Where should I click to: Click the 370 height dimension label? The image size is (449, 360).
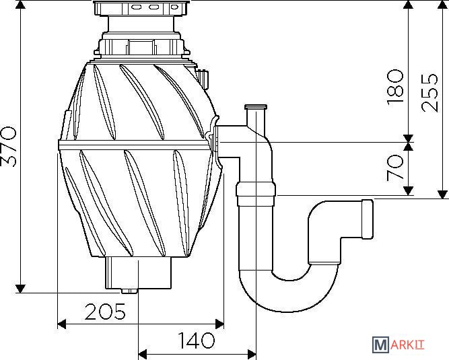tap(8, 147)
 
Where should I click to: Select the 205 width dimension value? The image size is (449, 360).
tap(105, 312)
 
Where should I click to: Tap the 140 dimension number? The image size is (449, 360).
tap(196, 340)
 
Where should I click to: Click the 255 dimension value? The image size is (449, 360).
tap(429, 93)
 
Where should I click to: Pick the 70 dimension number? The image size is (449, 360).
tap(395, 168)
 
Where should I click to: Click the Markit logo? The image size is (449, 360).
tap(399, 345)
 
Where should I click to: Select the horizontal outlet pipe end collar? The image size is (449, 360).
tap(368, 219)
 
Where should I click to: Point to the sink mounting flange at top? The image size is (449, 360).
tap(142, 8)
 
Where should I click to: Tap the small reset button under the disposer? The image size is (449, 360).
tap(129, 291)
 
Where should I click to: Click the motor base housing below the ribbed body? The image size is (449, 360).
tap(139, 273)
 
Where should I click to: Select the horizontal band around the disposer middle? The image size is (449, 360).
tap(135, 145)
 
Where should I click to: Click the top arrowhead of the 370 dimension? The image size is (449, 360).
tap(21, 5)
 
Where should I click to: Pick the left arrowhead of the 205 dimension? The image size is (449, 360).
tap(62, 324)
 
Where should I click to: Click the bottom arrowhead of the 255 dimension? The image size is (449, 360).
tap(443, 194)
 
